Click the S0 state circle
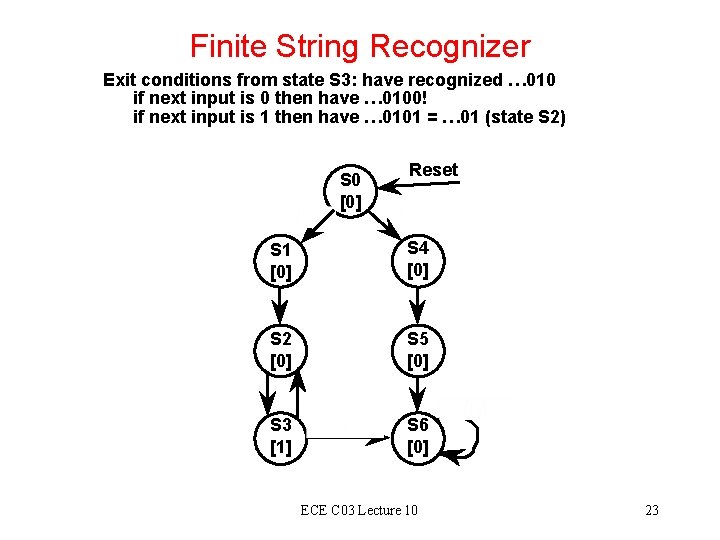point(350,191)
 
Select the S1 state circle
point(281,259)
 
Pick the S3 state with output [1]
point(281,437)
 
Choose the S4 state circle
point(418,259)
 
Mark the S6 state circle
point(418,437)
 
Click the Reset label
point(434,170)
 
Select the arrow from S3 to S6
point(349,438)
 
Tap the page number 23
point(652,511)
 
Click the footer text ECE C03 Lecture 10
point(359,511)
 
